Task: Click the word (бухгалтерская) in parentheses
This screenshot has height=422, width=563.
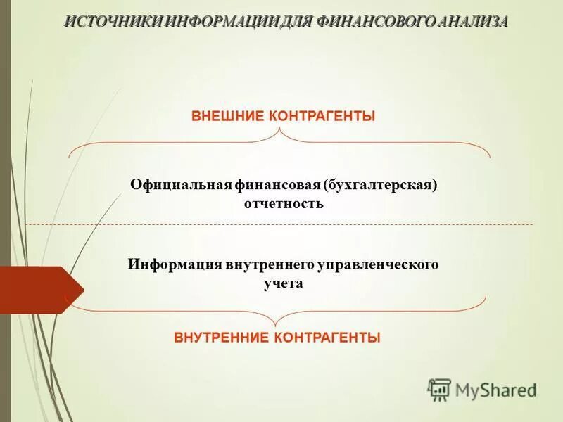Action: [x=381, y=184]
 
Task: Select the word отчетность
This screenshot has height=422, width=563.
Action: [x=283, y=204]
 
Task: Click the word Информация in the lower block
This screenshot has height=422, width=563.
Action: [x=175, y=264]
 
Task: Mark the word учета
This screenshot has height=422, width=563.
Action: [x=283, y=283]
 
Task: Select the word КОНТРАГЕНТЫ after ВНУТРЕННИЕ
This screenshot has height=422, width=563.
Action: [x=327, y=338]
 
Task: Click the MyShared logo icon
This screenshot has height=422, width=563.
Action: [x=440, y=389]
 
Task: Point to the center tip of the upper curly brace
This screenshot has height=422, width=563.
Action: [x=280, y=130]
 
